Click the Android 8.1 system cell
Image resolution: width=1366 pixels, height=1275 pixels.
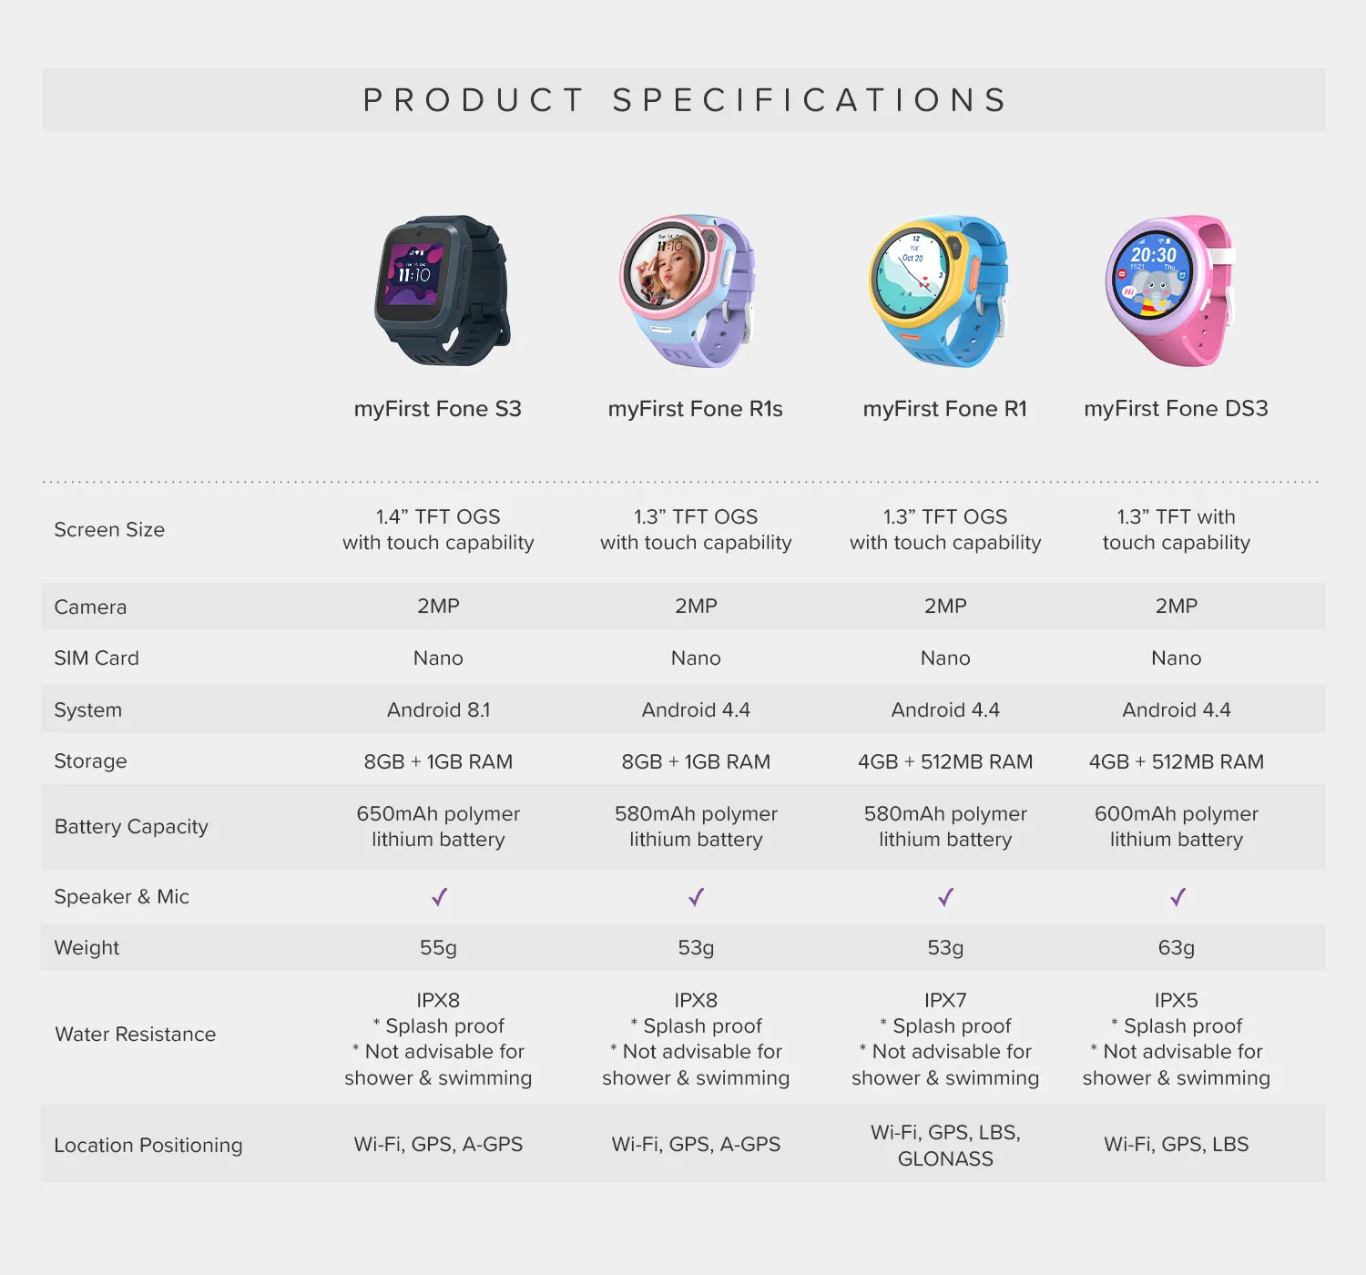(438, 709)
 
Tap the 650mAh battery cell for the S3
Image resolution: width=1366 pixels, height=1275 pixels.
(438, 826)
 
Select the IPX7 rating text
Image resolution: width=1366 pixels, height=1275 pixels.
(945, 1000)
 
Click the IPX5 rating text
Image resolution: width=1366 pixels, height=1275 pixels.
(1177, 1000)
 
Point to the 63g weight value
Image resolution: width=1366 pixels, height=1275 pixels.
(1177, 947)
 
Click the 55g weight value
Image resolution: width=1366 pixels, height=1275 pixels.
(438, 947)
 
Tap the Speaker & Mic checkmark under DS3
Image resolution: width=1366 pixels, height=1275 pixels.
(1177, 896)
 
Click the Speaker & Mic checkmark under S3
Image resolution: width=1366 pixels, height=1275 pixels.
(439, 896)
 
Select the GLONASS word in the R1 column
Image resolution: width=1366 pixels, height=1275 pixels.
(945, 1158)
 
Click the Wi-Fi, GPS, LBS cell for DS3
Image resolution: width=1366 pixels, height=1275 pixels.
(1177, 1144)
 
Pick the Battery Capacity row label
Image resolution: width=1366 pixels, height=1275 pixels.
(131, 826)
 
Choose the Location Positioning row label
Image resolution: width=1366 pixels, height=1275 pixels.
(148, 1145)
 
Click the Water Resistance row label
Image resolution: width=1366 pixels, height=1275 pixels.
(136, 1034)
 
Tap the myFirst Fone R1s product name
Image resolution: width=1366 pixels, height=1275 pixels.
(696, 409)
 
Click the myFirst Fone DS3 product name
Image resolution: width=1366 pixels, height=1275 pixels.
(1177, 409)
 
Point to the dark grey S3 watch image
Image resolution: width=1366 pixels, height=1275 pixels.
(443, 291)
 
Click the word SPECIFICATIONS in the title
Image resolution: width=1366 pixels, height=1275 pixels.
(810, 100)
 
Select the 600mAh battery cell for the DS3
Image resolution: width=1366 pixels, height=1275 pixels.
(1177, 826)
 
